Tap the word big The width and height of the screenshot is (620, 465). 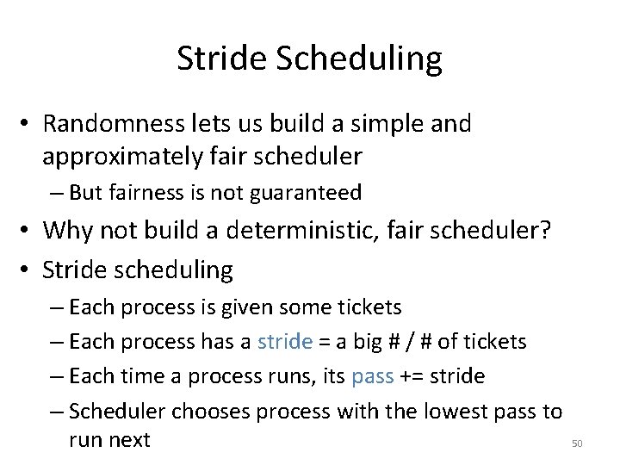click(x=362, y=342)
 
